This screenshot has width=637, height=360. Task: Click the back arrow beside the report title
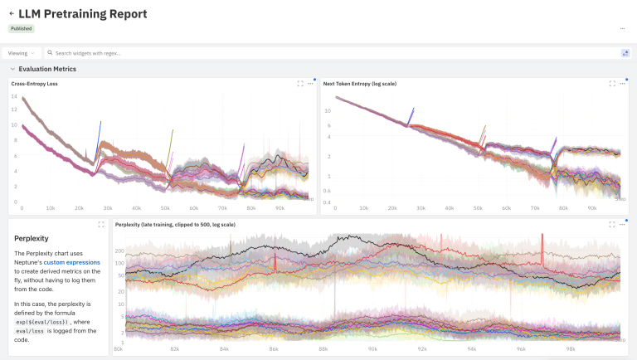point(12,14)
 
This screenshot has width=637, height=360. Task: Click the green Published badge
point(22,28)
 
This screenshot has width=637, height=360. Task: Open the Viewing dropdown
point(22,53)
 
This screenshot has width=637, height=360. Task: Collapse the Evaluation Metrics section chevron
point(12,70)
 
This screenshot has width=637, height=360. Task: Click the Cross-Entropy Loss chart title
point(34,84)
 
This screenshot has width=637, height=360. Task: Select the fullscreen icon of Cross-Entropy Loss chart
point(300,84)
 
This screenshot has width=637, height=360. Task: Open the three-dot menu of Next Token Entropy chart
point(621,84)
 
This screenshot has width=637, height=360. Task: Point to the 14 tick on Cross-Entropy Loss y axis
point(14,96)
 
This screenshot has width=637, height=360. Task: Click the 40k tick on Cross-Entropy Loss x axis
point(136,208)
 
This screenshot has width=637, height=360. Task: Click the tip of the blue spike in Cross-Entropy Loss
point(100,122)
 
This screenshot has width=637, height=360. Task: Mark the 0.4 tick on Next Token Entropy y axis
point(328,202)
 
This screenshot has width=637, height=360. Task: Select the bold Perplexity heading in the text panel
point(32,238)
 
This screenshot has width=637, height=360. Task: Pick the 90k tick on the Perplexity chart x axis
point(373,349)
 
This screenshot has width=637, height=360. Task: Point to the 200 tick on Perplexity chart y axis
point(120,250)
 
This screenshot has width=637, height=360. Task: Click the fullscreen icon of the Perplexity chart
point(612,224)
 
